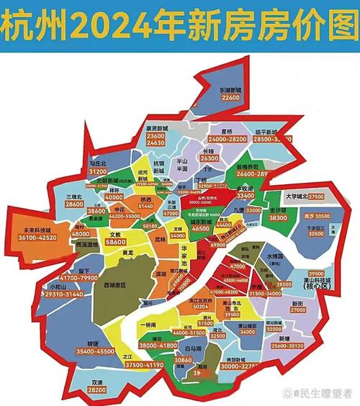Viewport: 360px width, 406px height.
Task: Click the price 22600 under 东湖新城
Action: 230,96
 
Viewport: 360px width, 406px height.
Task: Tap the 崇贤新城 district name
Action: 156,127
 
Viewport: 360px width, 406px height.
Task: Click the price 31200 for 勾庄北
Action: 97,173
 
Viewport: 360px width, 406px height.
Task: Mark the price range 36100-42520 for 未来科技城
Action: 30,237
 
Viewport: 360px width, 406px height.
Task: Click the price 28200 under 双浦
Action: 96,389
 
